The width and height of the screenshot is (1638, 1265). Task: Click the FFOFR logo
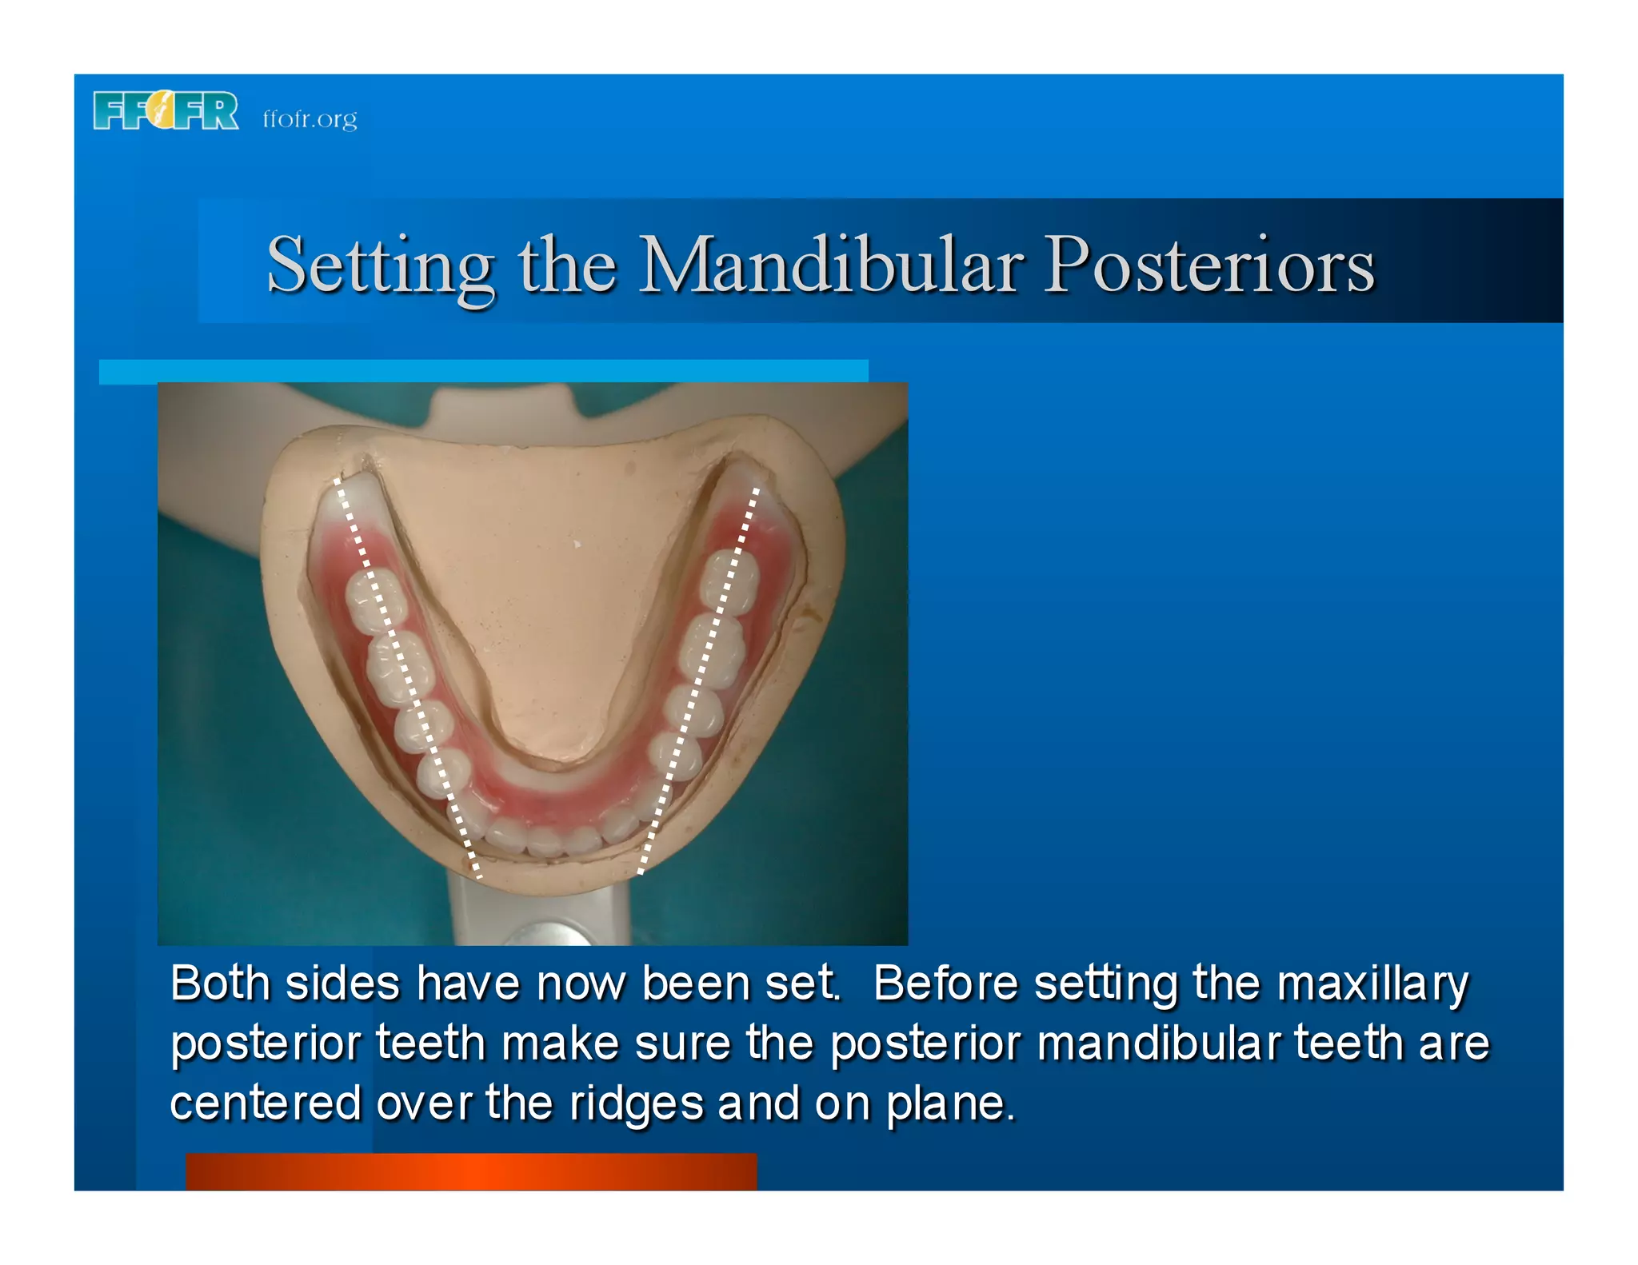(x=166, y=111)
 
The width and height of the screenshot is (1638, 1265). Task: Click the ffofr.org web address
(x=310, y=119)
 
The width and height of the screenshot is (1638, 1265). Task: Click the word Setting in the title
(x=380, y=266)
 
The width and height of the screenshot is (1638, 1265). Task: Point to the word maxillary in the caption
(x=1372, y=984)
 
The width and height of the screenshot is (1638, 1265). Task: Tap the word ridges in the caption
(x=637, y=1103)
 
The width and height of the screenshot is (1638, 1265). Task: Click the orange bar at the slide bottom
(x=471, y=1171)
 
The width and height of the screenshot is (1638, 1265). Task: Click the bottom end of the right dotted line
(x=641, y=872)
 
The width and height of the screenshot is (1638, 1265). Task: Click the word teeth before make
(x=430, y=1044)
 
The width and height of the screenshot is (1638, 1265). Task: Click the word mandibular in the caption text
(x=1158, y=1044)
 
